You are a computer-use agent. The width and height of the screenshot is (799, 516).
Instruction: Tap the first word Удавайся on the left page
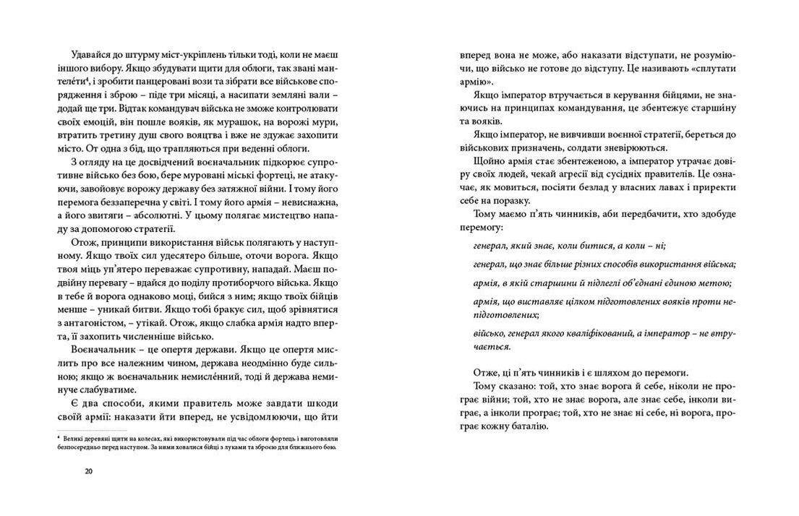tap(92, 55)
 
